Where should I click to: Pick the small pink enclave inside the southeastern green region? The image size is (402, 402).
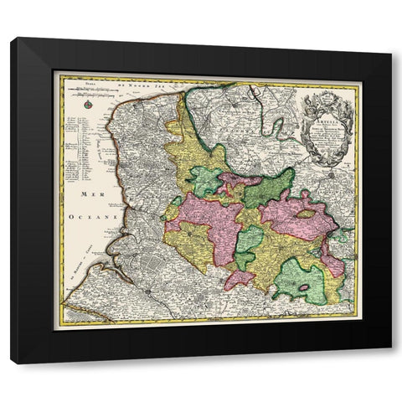304,287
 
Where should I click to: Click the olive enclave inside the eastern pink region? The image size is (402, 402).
307,214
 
